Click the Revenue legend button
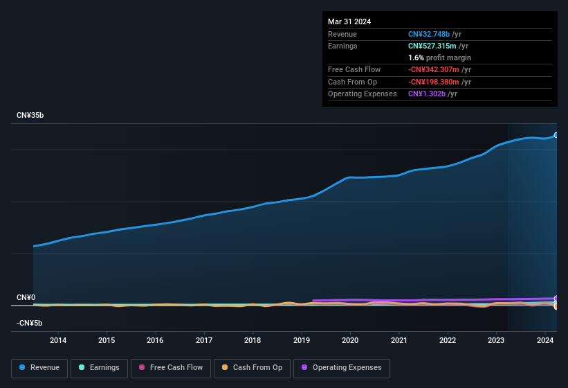(x=39, y=368)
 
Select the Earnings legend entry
(x=99, y=368)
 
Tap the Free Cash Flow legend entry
(x=170, y=368)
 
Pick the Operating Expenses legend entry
(x=341, y=368)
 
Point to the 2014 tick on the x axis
(x=58, y=340)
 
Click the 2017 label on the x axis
(x=204, y=340)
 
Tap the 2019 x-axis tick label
(x=302, y=340)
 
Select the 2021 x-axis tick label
(x=398, y=340)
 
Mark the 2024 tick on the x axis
(x=545, y=340)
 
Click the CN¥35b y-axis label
(x=30, y=116)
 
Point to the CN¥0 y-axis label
(x=26, y=297)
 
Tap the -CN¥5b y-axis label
(x=30, y=324)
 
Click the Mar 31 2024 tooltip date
(x=349, y=21)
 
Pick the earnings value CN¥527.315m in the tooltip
(x=432, y=46)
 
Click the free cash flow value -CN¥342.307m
(x=434, y=70)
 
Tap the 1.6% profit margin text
(x=439, y=58)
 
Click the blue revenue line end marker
(x=556, y=135)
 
